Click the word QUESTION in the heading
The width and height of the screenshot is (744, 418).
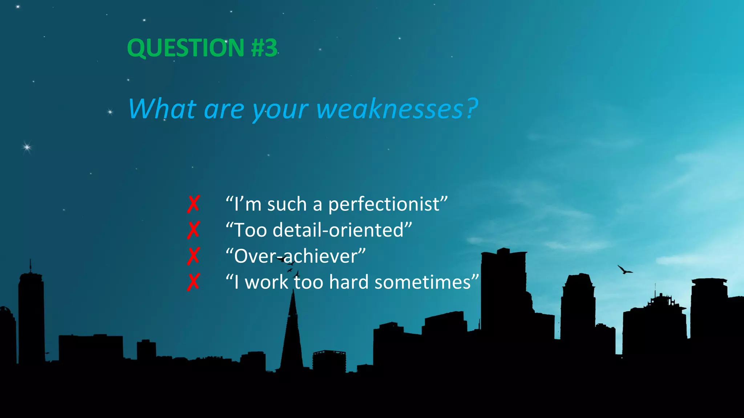point(186,48)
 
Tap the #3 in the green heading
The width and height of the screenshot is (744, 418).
point(264,48)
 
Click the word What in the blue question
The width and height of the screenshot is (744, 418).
point(162,109)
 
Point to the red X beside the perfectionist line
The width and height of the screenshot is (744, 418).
point(193,204)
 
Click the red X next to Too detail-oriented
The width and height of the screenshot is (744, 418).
point(193,230)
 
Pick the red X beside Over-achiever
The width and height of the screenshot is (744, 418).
point(193,256)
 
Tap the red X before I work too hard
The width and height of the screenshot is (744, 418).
point(193,282)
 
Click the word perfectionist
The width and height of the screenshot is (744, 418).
point(384,204)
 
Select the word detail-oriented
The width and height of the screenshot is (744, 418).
point(338,230)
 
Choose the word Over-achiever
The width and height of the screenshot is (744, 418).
point(296,256)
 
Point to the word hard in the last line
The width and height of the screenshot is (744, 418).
point(349,282)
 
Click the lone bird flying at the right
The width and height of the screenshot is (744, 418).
point(624,270)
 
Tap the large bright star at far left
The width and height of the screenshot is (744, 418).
point(27,147)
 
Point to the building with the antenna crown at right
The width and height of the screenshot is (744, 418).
point(658,319)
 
